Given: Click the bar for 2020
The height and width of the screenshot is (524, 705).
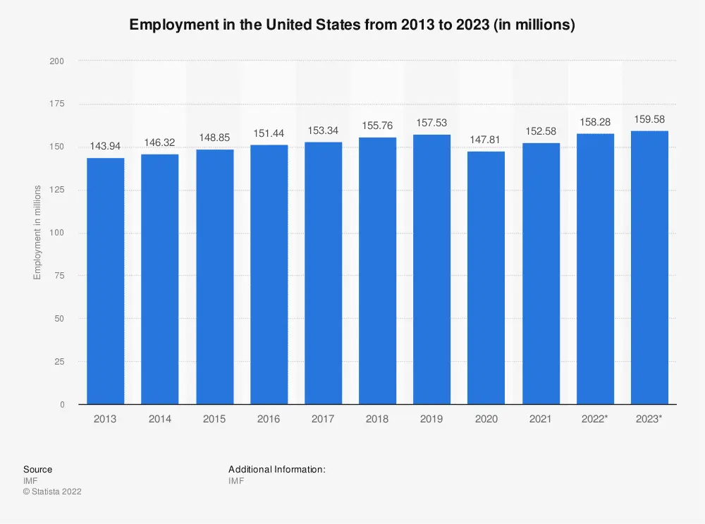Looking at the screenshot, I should click(486, 278).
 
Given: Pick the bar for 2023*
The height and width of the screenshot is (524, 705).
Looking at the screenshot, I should click(649, 267).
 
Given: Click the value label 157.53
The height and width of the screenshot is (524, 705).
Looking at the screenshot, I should click(432, 123).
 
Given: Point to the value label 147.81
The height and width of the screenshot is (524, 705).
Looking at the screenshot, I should click(486, 140).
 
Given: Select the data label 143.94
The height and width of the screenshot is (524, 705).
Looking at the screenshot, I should click(106, 147).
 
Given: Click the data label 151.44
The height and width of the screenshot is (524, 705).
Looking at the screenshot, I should click(269, 134).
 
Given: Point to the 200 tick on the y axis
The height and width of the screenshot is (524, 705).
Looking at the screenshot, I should click(57, 61).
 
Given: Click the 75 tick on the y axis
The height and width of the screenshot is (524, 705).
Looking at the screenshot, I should click(60, 276).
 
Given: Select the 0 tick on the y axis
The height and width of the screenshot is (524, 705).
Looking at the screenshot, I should click(62, 405).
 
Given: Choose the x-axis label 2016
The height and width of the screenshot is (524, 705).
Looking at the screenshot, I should click(269, 419).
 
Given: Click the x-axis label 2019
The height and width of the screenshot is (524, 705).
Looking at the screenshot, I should click(432, 419).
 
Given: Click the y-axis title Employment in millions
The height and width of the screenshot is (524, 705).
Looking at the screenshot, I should click(37, 233).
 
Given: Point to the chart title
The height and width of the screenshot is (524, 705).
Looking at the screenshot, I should click(352, 25).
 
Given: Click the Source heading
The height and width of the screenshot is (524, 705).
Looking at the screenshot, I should click(37, 469).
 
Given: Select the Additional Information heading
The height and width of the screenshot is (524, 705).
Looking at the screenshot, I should click(276, 469).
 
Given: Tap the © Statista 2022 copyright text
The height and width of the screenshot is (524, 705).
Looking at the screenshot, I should click(52, 492).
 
